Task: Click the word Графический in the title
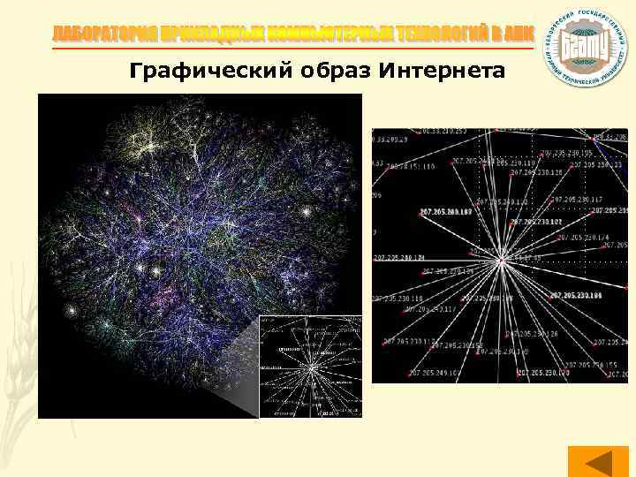pos(191,71)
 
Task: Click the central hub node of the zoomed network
pos(501,261)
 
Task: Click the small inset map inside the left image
pos(310,366)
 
